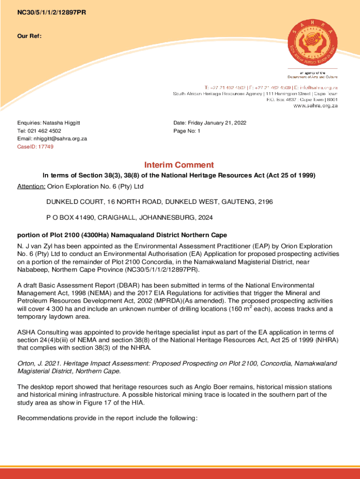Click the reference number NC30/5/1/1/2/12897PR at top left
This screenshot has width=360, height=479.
[51, 13]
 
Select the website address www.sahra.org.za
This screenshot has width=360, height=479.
[316, 106]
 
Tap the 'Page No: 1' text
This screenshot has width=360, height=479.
[187, 131]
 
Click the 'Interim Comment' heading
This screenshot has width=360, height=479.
[179, 165]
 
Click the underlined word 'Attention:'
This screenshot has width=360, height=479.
[31, 187]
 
